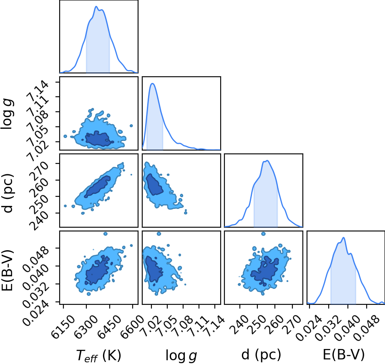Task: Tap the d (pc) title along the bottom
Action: click(261, 355)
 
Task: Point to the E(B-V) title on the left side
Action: click(8, 271)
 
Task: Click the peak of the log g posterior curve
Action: click(153, 83)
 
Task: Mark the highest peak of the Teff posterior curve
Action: click(96, 6)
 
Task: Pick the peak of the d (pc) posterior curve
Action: click(267, 161)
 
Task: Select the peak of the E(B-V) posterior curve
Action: click(344, 238)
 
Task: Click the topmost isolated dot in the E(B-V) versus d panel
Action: click(264, 233)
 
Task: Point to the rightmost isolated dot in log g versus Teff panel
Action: click(131, 126)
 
